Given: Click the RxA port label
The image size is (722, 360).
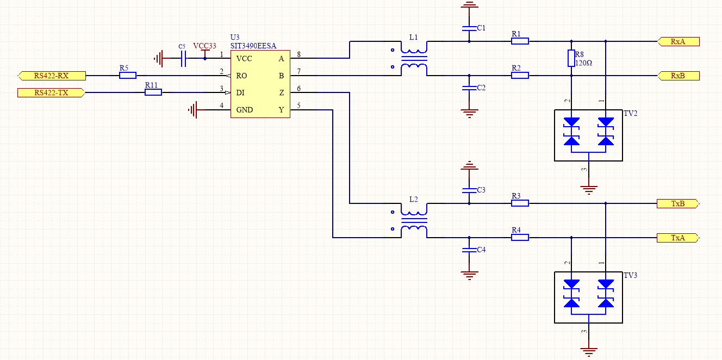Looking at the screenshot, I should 678,41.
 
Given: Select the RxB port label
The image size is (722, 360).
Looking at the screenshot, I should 678,76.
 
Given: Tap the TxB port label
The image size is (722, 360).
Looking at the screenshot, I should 677,204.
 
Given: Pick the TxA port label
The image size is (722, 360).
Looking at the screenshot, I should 677,238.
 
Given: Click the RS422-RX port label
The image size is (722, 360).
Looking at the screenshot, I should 51,76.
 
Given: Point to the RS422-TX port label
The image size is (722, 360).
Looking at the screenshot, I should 51,92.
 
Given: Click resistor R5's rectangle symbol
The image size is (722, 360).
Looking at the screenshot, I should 128,76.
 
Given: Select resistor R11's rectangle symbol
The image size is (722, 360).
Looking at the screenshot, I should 153,92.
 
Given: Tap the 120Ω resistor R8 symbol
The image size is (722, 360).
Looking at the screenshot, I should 571,58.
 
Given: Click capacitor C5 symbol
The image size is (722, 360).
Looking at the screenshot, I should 183,58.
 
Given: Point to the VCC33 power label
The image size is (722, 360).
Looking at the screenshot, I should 204,46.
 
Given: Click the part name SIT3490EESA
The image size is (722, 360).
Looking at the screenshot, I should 253,46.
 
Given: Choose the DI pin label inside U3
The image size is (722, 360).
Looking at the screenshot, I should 240,93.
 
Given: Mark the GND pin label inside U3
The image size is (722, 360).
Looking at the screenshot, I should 244,110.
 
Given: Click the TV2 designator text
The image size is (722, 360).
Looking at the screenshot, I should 631,114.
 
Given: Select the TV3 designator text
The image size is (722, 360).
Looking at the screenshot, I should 631,276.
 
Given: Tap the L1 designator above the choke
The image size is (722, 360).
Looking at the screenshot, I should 414,38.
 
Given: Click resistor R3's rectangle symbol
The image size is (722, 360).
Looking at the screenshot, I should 520,203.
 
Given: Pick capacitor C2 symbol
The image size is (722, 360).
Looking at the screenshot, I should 469,87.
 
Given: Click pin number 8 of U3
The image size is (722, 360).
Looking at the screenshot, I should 299,54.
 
